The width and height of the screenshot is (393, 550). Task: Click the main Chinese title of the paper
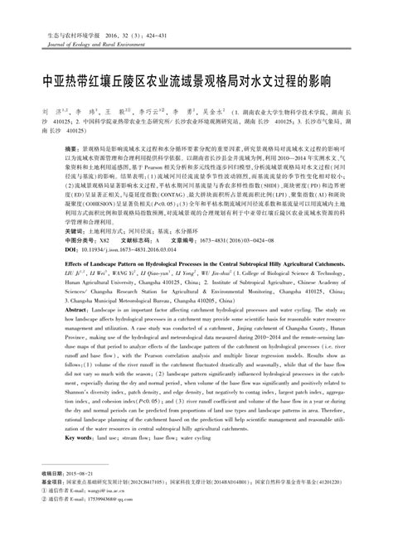pos(196,84)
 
